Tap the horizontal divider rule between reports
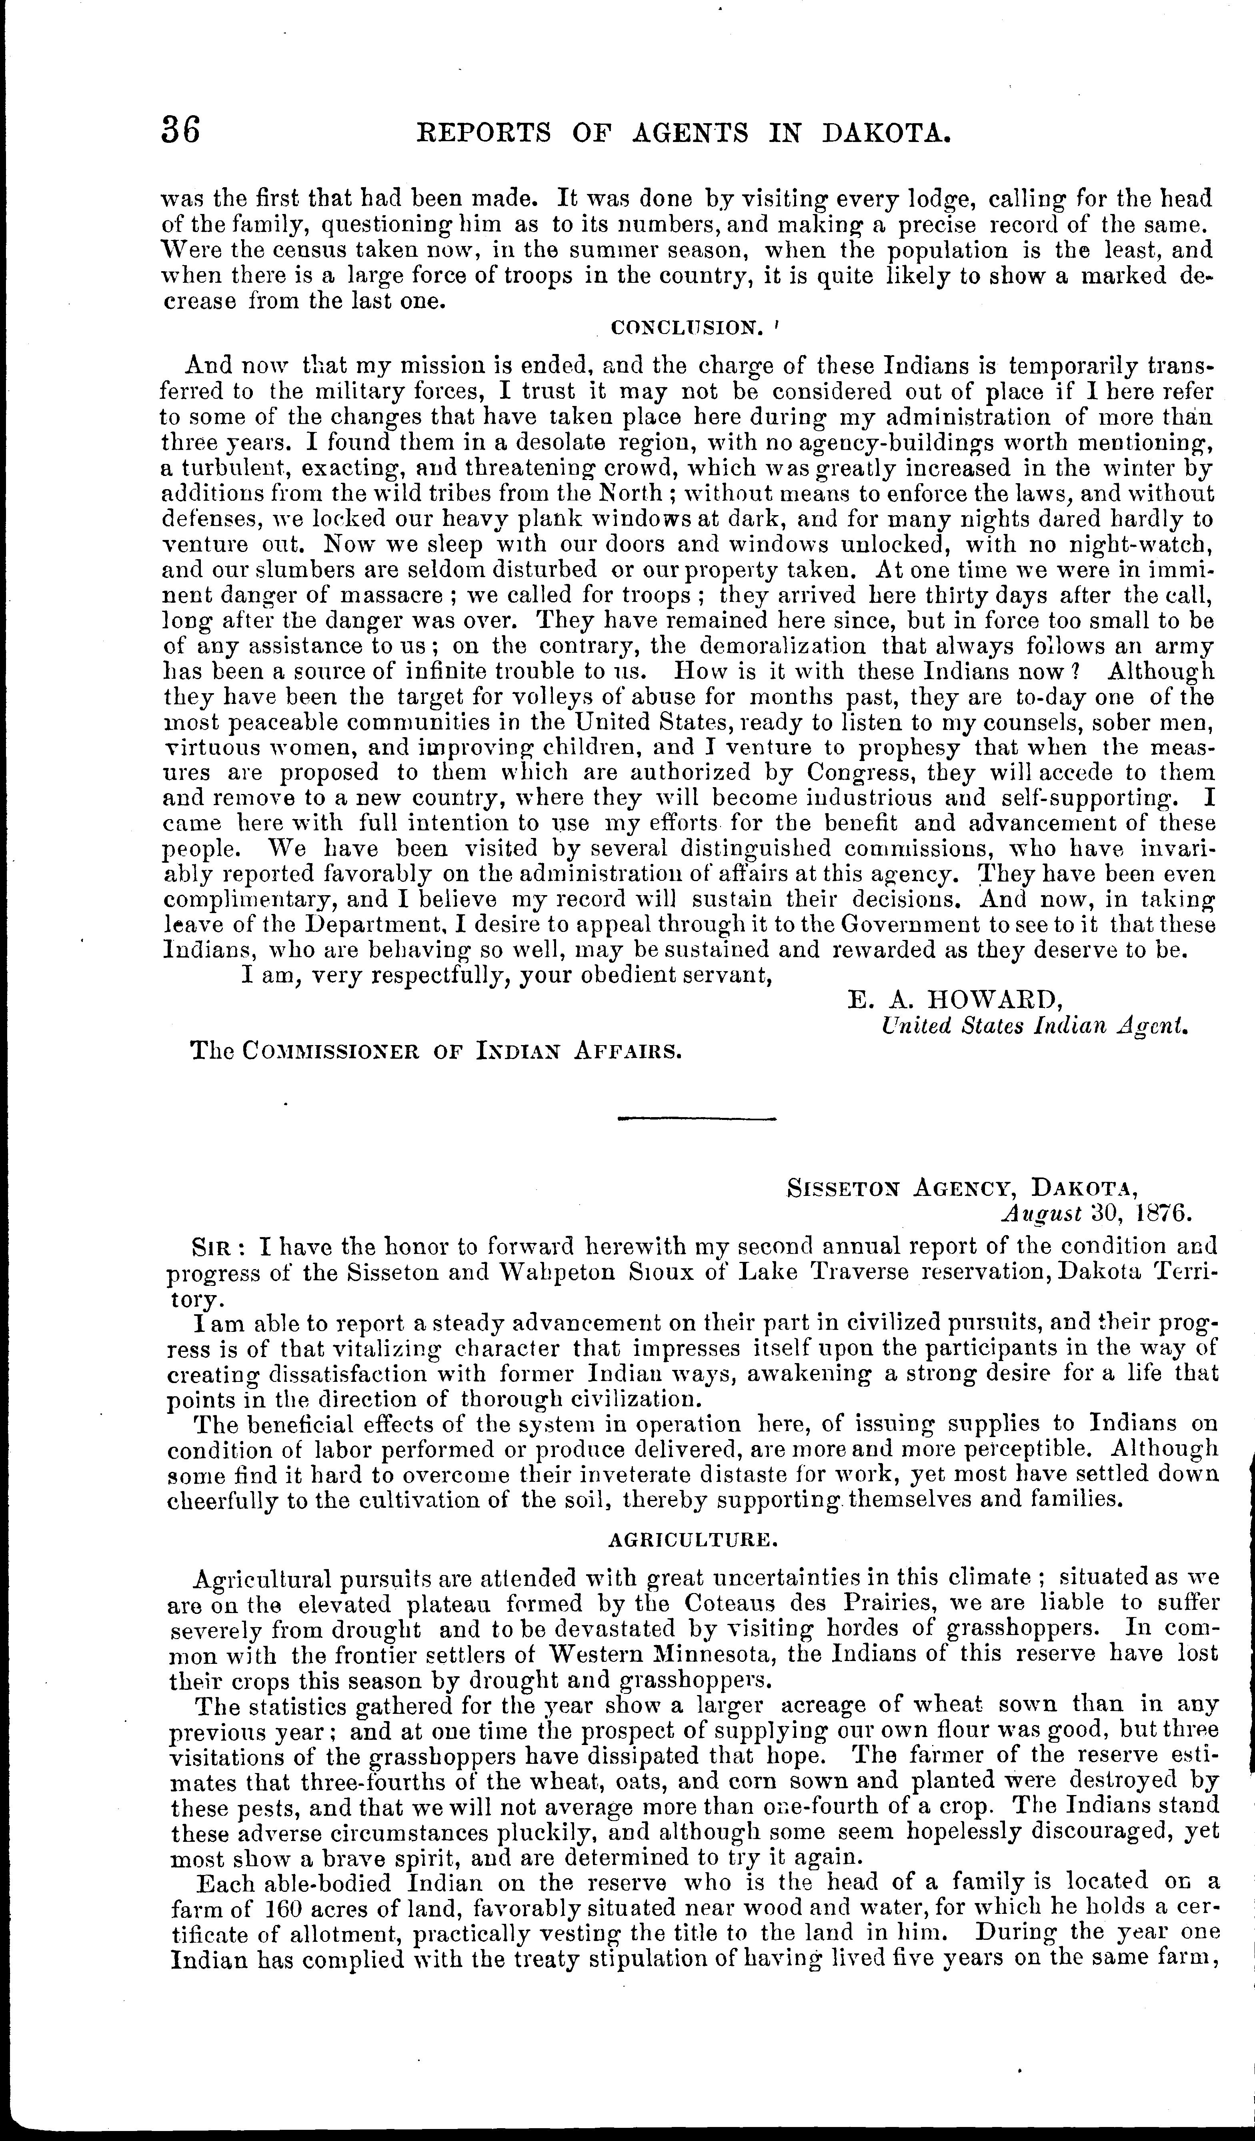click(697, 1119)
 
